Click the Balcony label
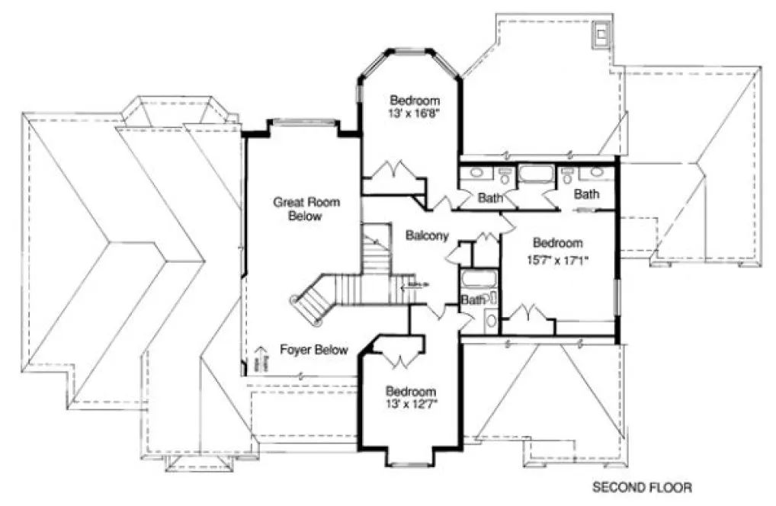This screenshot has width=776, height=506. [427, 235]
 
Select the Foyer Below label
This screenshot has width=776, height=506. [314, 351]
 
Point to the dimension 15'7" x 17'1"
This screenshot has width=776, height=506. [558, 258]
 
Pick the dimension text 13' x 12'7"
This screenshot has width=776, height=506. [410, 402]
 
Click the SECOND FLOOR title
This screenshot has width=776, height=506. [643, 486]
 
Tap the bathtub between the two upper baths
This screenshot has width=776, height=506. [537, 175]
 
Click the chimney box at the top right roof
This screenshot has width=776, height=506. [601, 33]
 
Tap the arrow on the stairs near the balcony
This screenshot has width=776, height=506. [407, 287]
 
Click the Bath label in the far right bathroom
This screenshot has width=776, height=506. [586, 195]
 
